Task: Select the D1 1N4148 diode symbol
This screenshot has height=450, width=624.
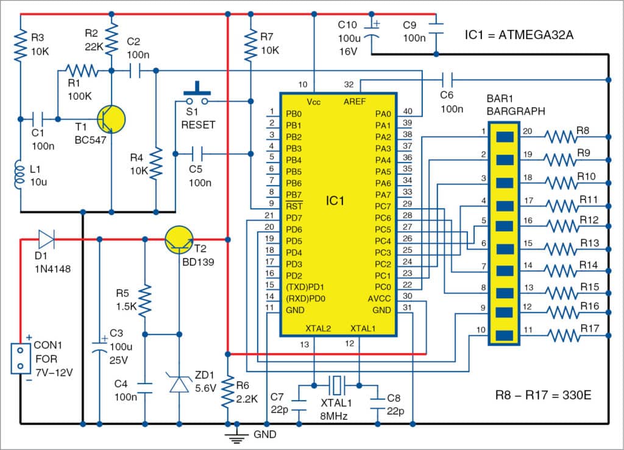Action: [46, 239]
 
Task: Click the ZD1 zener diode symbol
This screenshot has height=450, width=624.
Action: [179, 384]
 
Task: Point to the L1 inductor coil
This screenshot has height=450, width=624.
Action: [20, 175]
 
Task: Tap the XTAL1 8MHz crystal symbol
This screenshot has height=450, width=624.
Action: [336, 385]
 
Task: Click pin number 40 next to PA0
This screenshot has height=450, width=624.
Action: [407, 111]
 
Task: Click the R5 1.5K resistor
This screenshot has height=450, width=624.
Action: [145, 298]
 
